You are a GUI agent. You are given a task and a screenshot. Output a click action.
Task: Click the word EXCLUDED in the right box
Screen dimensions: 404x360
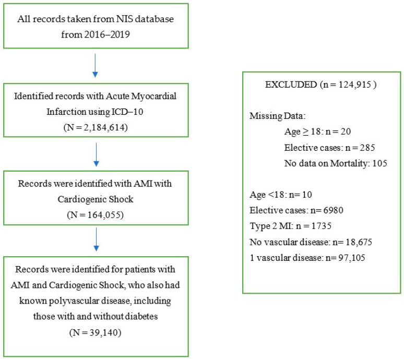click(291, 85)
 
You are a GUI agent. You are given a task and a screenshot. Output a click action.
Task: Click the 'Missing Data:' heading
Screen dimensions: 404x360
click(278, 116)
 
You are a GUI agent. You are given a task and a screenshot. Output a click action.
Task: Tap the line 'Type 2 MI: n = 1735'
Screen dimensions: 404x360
click(291, 226)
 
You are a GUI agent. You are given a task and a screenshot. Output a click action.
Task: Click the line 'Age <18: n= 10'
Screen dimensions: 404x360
click(281, 195)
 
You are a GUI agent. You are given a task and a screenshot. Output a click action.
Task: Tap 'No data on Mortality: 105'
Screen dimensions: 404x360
click(336, 163)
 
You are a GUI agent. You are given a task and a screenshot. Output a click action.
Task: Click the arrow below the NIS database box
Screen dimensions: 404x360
click(95, 65)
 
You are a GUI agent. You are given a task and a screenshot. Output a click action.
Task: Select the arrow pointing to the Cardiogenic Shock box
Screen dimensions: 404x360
click(96, 154)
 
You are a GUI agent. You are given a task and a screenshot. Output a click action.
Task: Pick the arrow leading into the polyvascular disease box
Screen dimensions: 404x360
click(96, 239)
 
